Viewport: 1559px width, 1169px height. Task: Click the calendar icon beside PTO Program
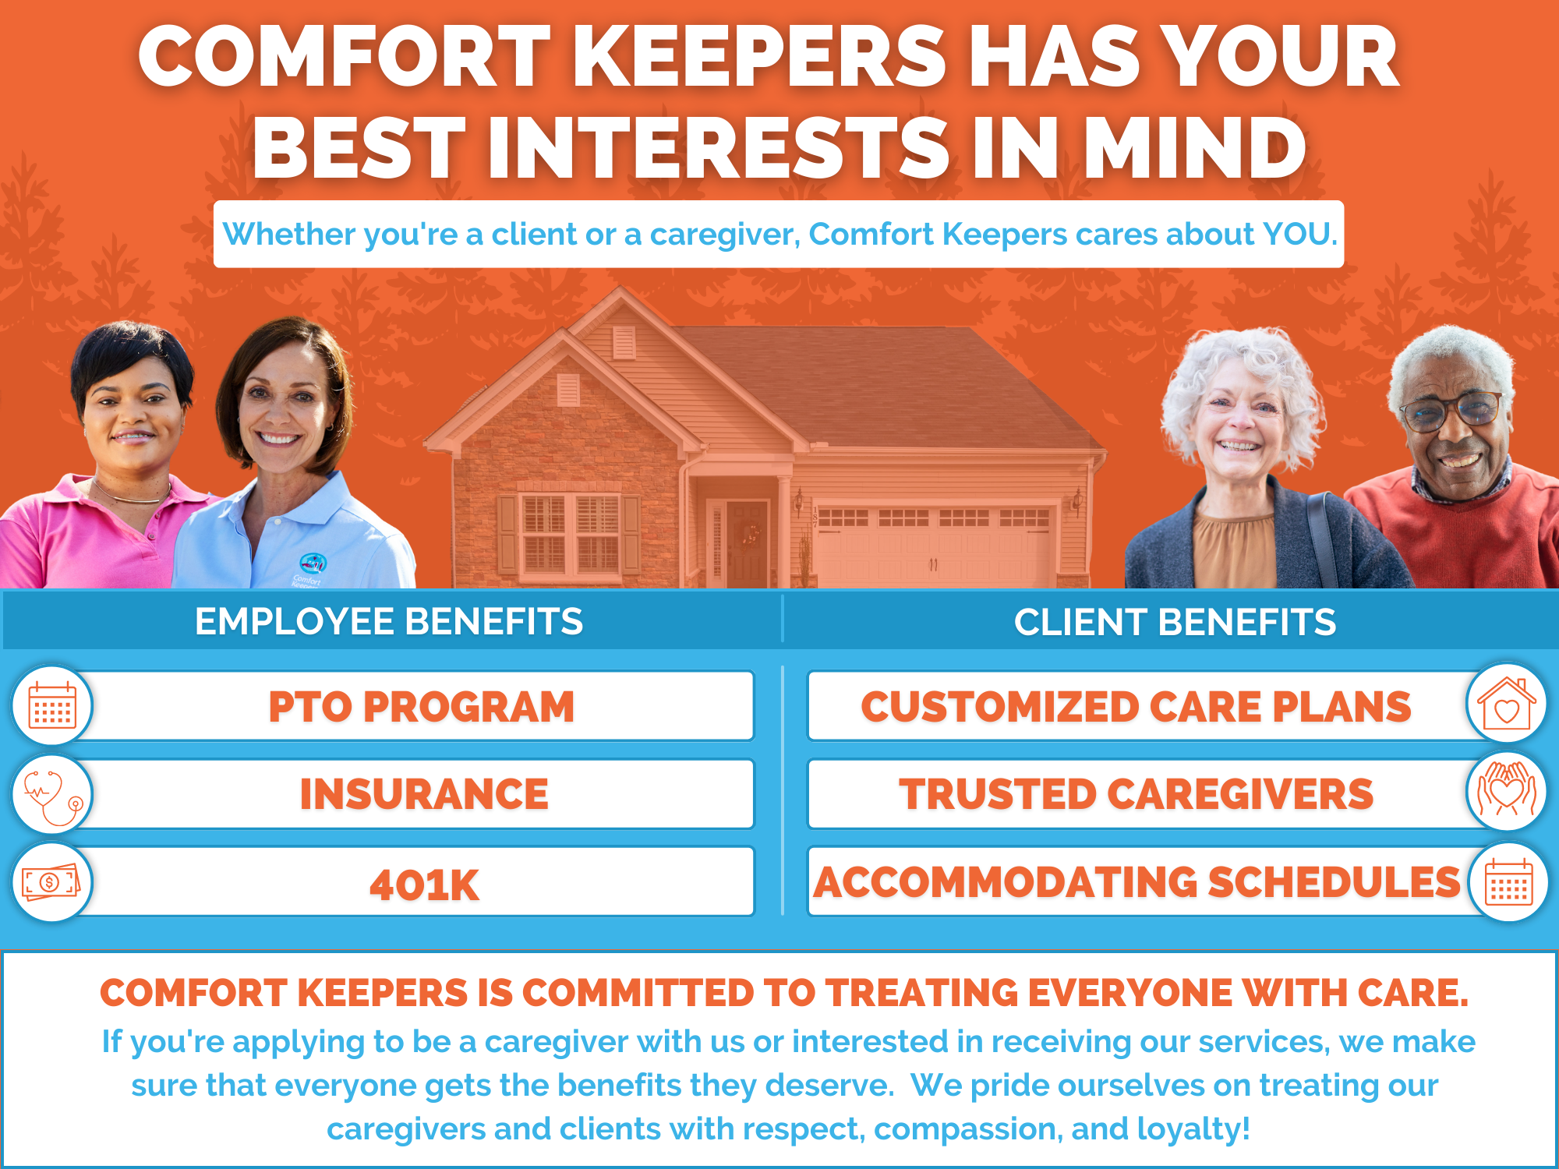click(x=52, y=705)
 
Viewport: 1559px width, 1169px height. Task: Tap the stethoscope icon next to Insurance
click(x=52, y=795)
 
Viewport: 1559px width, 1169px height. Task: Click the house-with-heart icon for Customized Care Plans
click(x=1506, y=704)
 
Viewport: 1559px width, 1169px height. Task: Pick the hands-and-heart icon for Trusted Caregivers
click(x=1506, y=791)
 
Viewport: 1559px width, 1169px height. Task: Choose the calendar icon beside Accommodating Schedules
click(x=1508, y=882)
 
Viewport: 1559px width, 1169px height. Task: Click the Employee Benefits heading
click(x=389, y=622)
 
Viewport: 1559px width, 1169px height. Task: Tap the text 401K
click(x=424, y=885)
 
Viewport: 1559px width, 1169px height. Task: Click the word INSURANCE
click(x=424, y=795)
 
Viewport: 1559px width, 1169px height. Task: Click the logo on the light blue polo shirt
click(x=313, y=563)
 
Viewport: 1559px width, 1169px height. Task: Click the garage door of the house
click(x=933, y=546)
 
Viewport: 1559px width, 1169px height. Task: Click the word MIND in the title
click(x=1194, y=148)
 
